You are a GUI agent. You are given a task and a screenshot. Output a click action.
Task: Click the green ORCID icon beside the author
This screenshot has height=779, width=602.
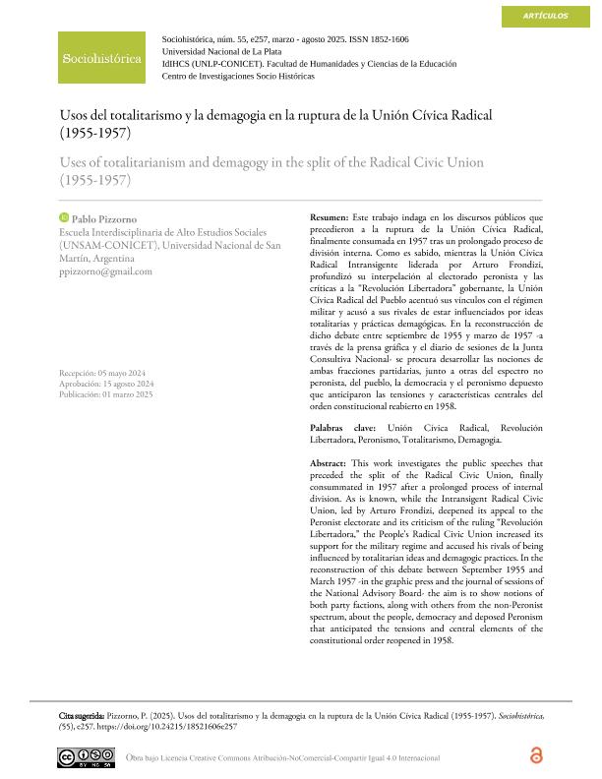pos(65,216)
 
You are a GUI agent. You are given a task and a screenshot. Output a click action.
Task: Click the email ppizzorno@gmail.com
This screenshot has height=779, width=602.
pos(106,271)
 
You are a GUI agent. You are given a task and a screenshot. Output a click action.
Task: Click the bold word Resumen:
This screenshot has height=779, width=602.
pos(329,216)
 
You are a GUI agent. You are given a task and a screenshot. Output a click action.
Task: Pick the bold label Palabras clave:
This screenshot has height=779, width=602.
pos(345,429)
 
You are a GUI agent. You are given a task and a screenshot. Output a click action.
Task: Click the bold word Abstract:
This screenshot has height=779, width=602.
pos(328,463)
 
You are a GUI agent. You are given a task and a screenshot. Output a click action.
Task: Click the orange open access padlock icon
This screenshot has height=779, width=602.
pos(535,755)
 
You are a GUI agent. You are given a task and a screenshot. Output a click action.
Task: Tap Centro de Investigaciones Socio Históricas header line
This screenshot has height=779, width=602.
pos(238,76)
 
